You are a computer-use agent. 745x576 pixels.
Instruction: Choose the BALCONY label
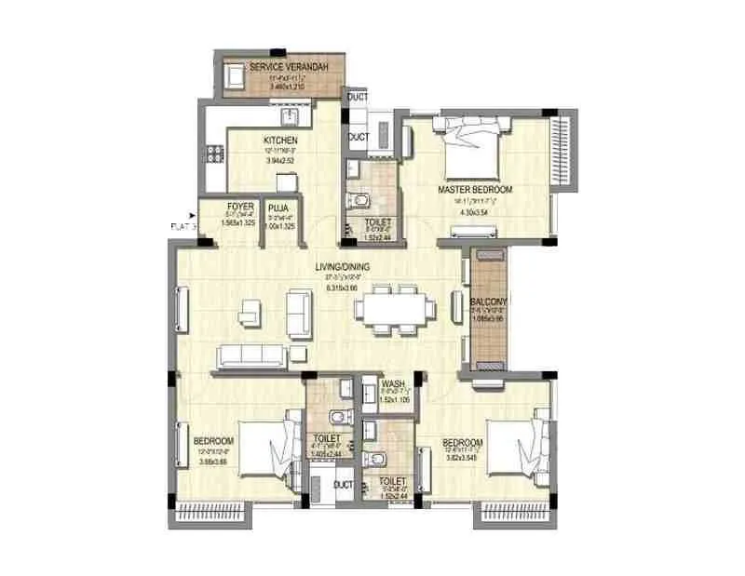(x=489, y=301)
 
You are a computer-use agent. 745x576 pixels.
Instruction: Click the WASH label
(x=392, y=383)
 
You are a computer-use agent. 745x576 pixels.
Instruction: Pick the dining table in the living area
(x=393, y=307)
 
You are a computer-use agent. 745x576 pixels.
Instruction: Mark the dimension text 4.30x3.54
(x=475, y=212)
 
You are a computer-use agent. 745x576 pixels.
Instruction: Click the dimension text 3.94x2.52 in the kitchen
(x=279, y=160)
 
